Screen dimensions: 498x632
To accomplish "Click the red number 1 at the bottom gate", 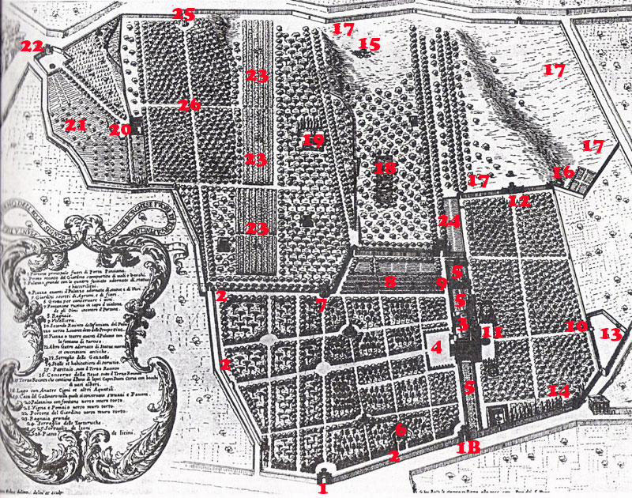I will click(x=322, y=489).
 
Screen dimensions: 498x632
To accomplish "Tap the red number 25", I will click(x=183, y=14).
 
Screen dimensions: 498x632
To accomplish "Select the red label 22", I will click(x=32, y=47).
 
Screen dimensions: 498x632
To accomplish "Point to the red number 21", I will click(x=75, y=125).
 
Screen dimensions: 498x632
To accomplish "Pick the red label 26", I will click(x=189, y=104).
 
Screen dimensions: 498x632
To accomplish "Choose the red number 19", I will click(x=313, y=141).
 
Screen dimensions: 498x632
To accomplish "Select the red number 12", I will click(x=518, y=201).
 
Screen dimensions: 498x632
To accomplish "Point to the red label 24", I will click(x=449, y=221).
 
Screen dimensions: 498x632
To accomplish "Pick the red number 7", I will click(x=321, y=304).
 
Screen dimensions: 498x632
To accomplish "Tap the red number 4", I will click(x=436, y=346).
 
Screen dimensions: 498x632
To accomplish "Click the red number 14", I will click(x=559, y=390).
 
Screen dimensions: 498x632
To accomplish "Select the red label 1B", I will click(x=468, y=447).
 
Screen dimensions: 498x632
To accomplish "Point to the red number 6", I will click(x=400, y=429).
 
